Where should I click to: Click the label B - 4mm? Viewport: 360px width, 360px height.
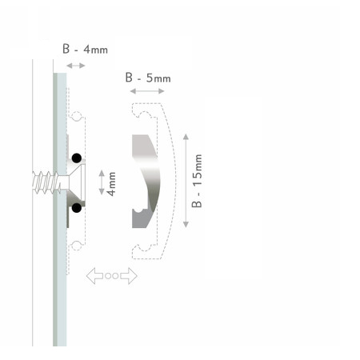pos(85,49)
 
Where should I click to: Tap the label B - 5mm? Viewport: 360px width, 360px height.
pos(148,78)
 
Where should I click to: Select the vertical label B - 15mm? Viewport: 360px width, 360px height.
pos(197,181)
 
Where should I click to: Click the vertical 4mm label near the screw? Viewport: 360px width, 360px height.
pos(111,184)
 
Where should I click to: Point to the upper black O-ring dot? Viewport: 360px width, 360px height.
pos(77,158)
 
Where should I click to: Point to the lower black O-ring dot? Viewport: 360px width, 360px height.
pos(77,207)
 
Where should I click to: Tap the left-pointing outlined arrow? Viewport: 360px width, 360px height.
pos(94,276)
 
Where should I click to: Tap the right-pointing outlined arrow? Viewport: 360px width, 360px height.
pos(129,276)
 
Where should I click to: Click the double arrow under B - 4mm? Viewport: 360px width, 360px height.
pos(76,66)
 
